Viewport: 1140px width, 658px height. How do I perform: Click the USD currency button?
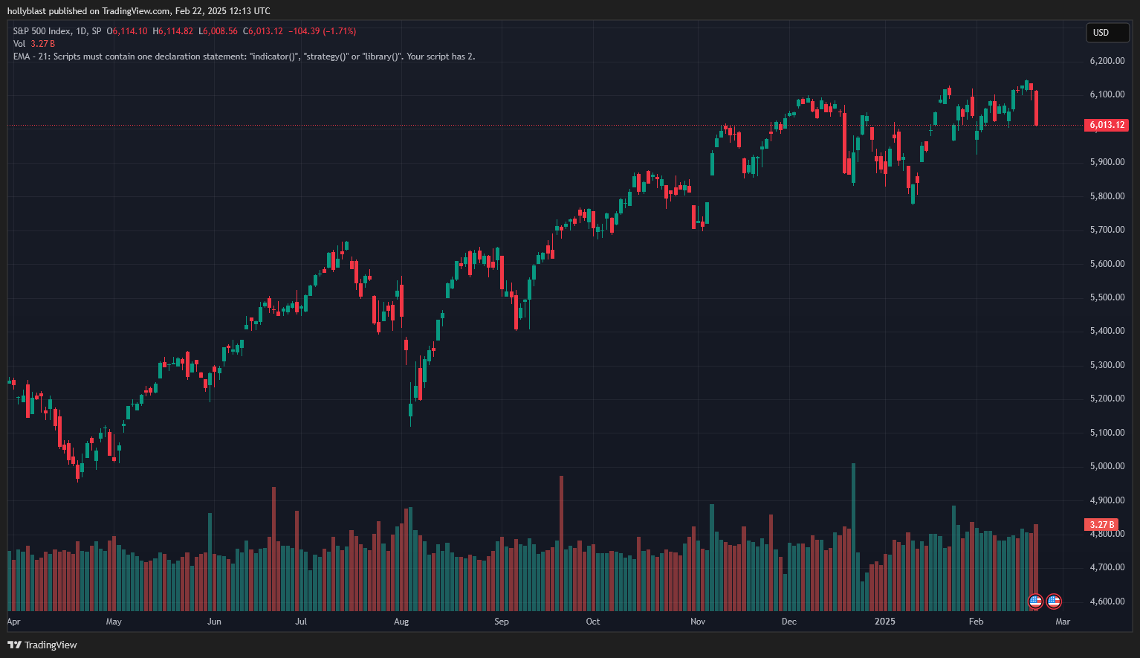(x=1107, y=33)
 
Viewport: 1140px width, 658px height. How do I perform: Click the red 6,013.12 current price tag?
(x=1107, y=125)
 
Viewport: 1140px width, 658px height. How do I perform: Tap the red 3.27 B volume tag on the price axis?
(x=1102, y=524)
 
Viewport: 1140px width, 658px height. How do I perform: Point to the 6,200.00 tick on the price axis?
(x=1107, y=61)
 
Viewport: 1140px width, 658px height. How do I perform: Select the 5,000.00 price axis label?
(x=1107, y=466)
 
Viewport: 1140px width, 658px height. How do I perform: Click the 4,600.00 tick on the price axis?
(x=1107, y=601)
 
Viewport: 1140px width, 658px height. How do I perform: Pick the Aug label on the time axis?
(x=401, y=622)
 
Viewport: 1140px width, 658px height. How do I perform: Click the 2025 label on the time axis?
(x=884, y=622)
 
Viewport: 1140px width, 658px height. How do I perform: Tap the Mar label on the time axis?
(x=1063, y=622)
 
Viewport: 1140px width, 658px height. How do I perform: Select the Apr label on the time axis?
(x=13, y=622)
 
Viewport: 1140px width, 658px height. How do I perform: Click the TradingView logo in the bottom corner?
(x=42, y=645)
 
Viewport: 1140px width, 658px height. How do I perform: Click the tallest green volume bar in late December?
(x=853, y=535)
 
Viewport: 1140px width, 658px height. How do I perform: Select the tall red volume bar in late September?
(x=561, y=543)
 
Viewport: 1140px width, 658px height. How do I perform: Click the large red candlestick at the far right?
(x=1036, y=108)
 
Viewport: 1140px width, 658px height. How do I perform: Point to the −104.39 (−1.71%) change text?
(x=322, y=31)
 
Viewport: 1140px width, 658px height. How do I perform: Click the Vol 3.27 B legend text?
(x=33, y=44)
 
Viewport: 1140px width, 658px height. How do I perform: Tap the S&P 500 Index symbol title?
(x=42, y=31)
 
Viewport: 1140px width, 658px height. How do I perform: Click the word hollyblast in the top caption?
(x=26, y=11)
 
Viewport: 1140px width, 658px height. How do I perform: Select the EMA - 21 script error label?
(x=30, y=57)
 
